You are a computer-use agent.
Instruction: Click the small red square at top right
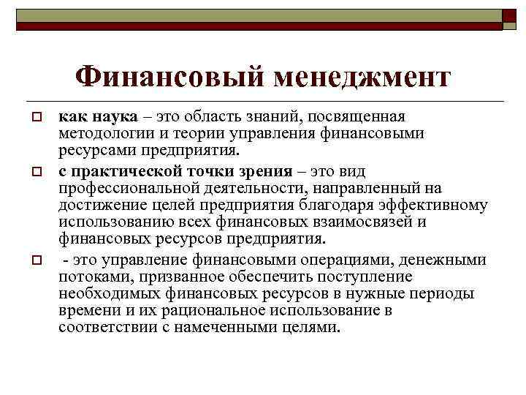509,15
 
